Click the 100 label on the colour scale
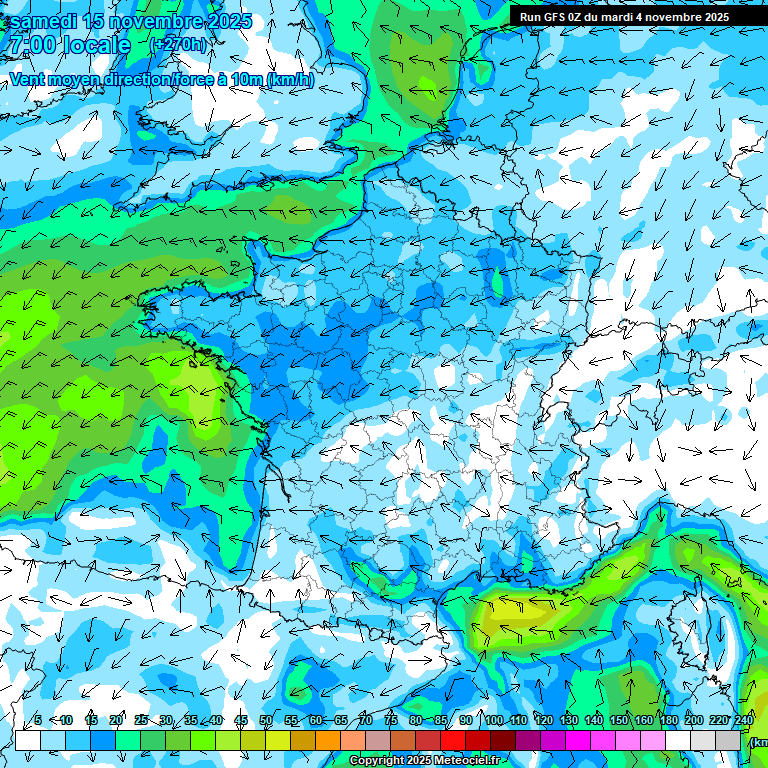(493, 721)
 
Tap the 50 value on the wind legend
(266, 721)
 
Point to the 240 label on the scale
(743, 721)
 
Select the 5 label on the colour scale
(38, 721)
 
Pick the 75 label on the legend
(391, 721)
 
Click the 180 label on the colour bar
(668, 721)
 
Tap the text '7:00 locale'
(68, 46)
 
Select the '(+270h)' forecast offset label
(177, 45)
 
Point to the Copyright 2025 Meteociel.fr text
(424, 761)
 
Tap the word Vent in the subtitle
(27, 80)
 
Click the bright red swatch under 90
(453, 741)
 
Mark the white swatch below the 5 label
(28, 741)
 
